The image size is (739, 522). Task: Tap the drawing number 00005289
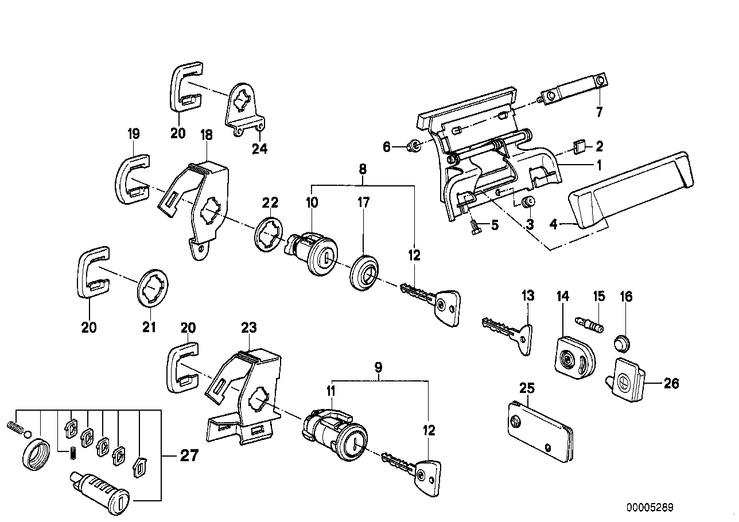point(649,508)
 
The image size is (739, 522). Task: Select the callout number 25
point(526,388)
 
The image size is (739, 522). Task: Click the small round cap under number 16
point(622,344)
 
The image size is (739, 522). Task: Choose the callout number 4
point(553,225)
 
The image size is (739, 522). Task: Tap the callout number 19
point(133,135)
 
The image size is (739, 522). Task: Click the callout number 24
point(259,149)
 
